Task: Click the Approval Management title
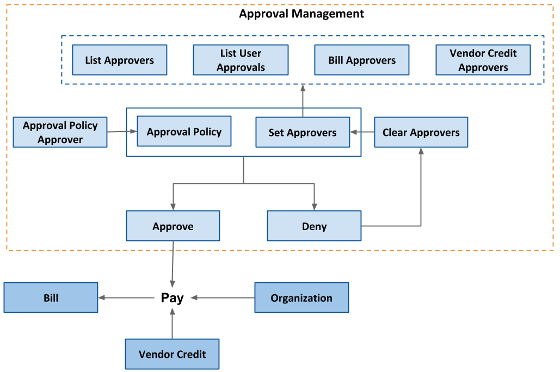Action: [x=301, y=14]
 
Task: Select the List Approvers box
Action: [x=120, y=60]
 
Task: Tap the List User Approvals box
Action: [x=241, y=60]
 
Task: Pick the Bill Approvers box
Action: [x=362, y=60]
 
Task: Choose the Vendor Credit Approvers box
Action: [x=483, y=60]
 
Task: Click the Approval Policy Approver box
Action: [x=60, y=132]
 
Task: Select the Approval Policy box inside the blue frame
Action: [x=184, y=131]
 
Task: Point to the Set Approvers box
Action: [x=303, y=132]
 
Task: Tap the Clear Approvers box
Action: [x=421, y=132]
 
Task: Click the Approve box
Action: [x=173, y=226]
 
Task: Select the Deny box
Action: [x=314, y=226]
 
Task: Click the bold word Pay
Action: [x=173, y=298]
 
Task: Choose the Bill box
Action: [x=51, y=297]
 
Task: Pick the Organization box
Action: [x=301, y=297]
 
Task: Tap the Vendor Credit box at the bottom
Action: [x=172, y=354]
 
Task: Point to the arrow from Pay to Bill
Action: [x=128, y=297]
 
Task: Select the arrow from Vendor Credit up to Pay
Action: [x=173, y=324]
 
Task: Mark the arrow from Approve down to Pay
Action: [x=173, y=264]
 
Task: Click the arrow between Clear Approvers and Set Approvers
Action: [x=362, y=132]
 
